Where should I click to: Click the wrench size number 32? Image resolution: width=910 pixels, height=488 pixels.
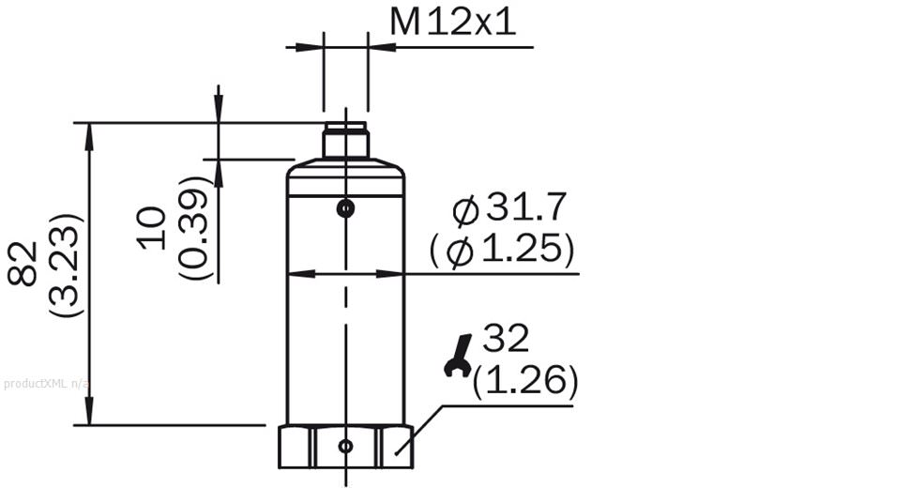506,339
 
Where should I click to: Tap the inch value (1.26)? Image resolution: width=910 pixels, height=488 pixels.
525,380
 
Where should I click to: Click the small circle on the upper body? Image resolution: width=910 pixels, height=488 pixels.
346,207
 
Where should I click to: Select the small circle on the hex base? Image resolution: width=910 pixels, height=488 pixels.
346,446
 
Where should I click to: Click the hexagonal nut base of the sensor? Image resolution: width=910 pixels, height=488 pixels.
345,447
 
